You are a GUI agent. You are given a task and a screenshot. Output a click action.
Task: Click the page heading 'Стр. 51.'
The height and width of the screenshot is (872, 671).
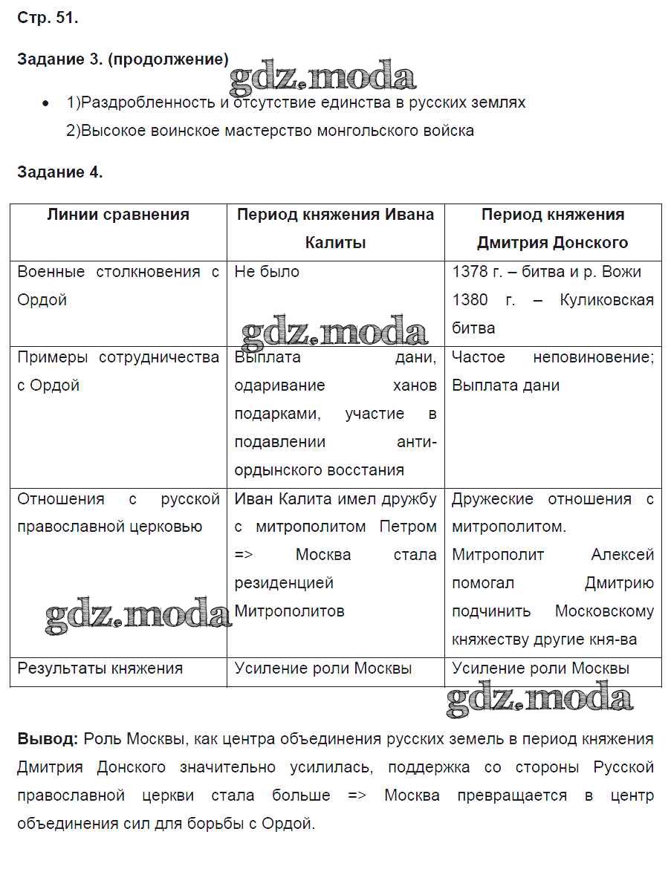coord(48,19)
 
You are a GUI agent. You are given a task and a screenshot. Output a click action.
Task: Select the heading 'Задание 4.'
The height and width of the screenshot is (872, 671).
coord(59,172)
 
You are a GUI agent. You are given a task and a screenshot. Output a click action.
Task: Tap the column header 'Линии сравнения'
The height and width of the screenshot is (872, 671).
coord(118,215)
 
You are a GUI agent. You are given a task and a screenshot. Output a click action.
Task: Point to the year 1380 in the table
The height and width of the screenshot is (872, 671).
coord(470,300)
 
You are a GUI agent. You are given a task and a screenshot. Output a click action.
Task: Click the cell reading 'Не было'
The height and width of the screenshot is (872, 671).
coord(267,272)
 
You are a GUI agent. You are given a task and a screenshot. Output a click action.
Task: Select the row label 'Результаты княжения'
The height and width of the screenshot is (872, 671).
coord(100,668)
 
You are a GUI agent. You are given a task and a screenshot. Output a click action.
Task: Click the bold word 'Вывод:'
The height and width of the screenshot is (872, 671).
coord(47,739)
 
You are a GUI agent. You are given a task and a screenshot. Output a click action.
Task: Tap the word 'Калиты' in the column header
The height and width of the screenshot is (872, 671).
coord(335,243)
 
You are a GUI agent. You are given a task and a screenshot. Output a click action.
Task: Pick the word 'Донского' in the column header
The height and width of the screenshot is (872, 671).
coord(591,243)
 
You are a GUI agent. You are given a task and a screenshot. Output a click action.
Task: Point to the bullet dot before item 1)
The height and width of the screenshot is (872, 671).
coord(46,103)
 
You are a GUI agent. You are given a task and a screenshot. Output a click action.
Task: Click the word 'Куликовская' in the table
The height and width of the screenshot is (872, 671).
coord(607,300)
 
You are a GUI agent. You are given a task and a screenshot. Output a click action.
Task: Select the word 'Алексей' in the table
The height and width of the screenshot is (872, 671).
coord(622,555)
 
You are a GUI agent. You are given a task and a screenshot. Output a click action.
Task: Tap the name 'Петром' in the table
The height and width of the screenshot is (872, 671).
coord(408,527)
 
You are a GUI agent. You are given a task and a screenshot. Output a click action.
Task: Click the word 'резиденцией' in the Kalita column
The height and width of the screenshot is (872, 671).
coord(284,583)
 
